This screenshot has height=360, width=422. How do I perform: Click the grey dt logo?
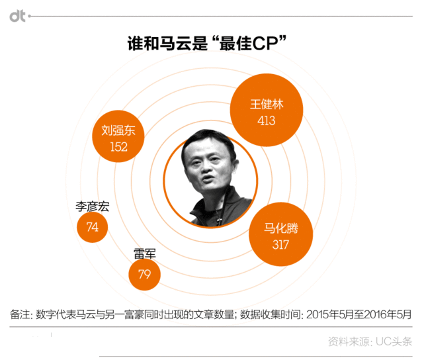coord(17,16)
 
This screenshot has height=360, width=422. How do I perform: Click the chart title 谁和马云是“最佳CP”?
coord(207,43)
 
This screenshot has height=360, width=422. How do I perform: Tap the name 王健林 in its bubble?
coord(267,104)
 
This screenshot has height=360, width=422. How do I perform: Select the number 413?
coord(267,120)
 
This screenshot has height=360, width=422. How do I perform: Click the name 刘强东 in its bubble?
coord(118,130)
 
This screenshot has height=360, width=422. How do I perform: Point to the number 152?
coord(118,147)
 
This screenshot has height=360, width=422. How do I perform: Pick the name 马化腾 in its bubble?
coord(281,228)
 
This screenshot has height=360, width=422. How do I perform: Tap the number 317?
coord(280,245)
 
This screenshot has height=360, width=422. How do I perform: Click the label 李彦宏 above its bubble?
coord(93,206)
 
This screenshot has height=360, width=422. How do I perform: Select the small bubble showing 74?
coord(93,227)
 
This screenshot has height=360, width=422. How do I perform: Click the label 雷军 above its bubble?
coord(145,253)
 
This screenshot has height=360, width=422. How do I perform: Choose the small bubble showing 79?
coord(144,275)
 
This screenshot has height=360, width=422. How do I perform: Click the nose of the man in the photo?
coord(206,168)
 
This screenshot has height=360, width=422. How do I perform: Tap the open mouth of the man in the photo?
coord(208,179)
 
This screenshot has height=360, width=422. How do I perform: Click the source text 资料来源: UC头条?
coord(370,341)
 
